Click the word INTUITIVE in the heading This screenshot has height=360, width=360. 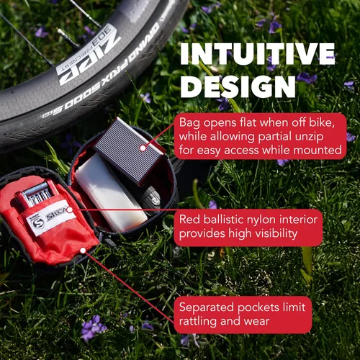tap(258, 54)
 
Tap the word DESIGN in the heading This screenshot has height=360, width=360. tap(238, 86)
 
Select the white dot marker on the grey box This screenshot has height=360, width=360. tap(143, 148)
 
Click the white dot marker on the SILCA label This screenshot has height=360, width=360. tap(70, 210)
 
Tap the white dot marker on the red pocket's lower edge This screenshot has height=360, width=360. tap(83, 251)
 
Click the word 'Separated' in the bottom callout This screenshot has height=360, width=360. tap(207, 307)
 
